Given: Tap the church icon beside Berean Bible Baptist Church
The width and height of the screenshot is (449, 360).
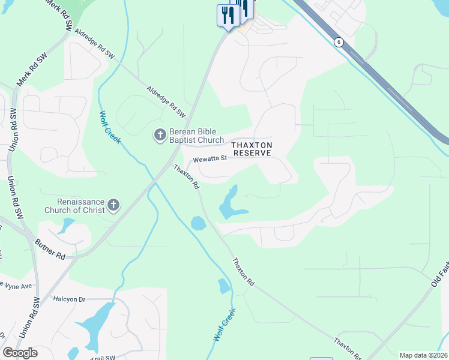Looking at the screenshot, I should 160,136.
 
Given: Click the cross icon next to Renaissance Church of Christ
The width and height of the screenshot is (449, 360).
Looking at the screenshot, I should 113,206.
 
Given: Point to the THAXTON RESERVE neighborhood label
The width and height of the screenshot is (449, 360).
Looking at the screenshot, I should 253,149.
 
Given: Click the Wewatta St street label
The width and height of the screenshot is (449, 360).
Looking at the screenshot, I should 208,159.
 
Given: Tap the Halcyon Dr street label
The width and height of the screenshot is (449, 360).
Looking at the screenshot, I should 70,298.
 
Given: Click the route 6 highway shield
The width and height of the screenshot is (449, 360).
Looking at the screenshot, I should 339,41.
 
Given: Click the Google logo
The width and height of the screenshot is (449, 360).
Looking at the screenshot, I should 20,353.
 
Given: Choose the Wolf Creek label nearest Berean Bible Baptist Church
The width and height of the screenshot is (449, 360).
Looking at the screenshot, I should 110,127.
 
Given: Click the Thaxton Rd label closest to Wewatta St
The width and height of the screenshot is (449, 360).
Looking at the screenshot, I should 186,177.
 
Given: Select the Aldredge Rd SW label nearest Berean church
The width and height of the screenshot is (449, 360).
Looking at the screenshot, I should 166,101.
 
